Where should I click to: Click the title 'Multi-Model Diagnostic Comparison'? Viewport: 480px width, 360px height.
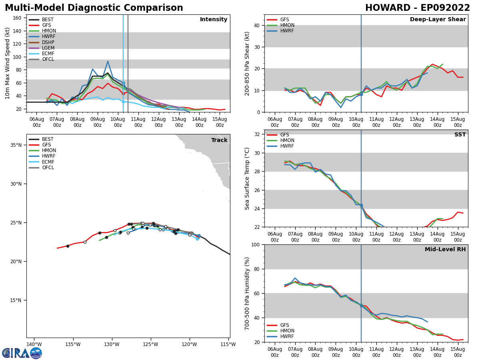click(x=94, y=8)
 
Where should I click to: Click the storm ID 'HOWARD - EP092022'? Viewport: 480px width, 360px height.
click(x=417, y=8)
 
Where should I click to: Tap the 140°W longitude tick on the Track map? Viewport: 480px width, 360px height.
click(x=34, y=344)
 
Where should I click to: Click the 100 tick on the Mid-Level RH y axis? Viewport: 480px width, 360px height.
click(x=254, y=244)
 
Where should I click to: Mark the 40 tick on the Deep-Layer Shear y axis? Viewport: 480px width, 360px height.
click(x=256, y=26)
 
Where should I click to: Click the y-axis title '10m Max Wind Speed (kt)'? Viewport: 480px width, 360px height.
click(x=7, y=63)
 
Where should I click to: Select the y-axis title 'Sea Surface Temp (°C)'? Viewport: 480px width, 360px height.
click(x=247, y=178)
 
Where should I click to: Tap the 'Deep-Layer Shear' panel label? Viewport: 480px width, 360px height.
click(x=438, y=20)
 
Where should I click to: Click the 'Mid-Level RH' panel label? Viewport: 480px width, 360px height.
click(x=445, y=250)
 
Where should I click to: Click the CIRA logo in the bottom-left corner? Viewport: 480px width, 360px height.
click(x=22, y=353)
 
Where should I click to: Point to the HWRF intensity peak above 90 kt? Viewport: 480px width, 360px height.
click(x=108, y=61)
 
